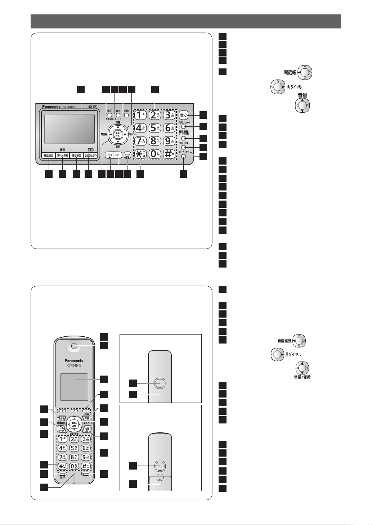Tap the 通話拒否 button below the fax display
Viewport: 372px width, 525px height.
tap(47, 156)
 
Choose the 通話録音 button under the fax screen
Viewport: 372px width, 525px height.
tap(76, 156)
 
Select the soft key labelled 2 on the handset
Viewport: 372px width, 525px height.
tap(74, 410)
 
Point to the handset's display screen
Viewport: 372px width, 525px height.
tap(74, 387)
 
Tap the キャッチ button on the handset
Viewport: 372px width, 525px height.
tap(62, 474)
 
